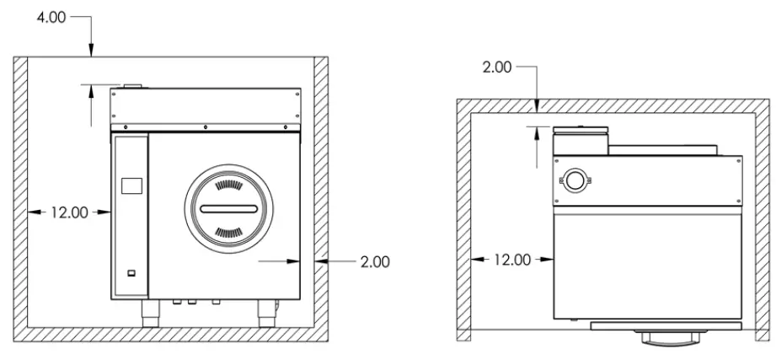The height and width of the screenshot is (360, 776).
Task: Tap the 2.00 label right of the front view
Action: tap(374, 262)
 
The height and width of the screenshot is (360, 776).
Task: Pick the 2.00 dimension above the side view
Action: tap(497, 67)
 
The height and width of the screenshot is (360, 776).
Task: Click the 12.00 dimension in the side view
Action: tap(512, 260)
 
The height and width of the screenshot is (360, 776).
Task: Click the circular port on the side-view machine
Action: tap(575, 180)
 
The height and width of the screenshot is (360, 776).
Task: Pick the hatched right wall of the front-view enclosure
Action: tap(321, 194)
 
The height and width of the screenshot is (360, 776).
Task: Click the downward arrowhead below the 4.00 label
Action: tap(91, 52)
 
